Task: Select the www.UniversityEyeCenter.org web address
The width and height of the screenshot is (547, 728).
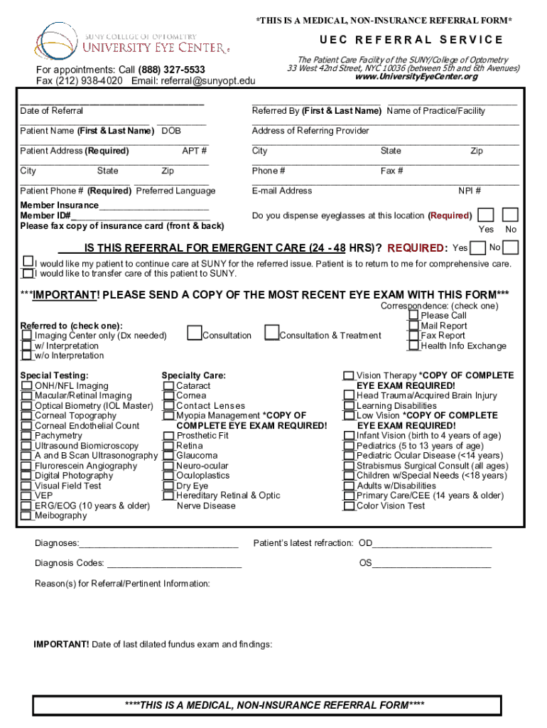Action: [x=416, y=77]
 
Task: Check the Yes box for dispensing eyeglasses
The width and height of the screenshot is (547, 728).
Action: [x=486, y=215]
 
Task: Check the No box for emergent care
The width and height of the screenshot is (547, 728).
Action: [x=510, y=247]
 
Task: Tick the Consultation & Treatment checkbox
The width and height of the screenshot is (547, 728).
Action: [x=271, y=333]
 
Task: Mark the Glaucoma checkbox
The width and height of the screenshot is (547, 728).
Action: [x=168, y=456]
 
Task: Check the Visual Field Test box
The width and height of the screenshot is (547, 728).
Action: [x=26, y=486]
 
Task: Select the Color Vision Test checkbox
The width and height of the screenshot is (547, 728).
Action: [x=349, y=506]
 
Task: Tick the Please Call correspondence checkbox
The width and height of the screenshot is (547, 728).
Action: [x=413, y=315]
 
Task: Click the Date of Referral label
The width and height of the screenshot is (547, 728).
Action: [x=51, y=111]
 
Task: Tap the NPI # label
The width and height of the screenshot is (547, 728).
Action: [x=470, y=191]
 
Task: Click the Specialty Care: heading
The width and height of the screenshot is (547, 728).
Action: [x=193, y=375]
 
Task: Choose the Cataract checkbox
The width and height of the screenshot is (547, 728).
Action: [x=168, y=386]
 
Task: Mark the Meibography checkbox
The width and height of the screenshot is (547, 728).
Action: [x=26, y=516]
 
